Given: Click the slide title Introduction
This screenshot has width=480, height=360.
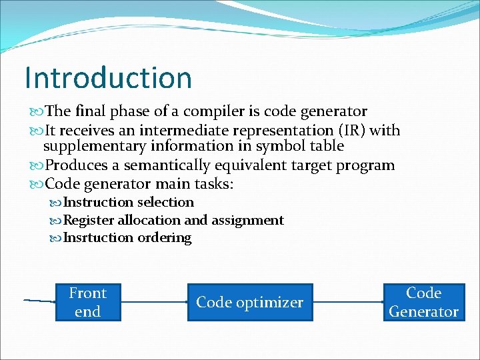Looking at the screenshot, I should tap(108, 77).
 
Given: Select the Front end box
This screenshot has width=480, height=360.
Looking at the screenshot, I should tap(87, 302).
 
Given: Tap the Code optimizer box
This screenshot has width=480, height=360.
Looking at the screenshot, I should tap(249, 302).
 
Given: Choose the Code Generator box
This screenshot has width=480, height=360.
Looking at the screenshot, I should tap(423, 302).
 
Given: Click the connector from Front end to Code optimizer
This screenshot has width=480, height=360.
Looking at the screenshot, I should tap(154, 302).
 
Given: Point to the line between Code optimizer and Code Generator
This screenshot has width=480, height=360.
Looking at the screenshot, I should tap(347, 302).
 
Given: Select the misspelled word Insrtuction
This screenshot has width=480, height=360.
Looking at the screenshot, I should tap(99, 238).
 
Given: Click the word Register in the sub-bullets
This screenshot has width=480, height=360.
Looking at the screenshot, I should tap(89, 220).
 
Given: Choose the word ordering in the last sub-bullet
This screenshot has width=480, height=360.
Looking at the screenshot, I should tap(164, 238).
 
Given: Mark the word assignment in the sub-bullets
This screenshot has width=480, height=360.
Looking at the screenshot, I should tap(247, 220).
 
